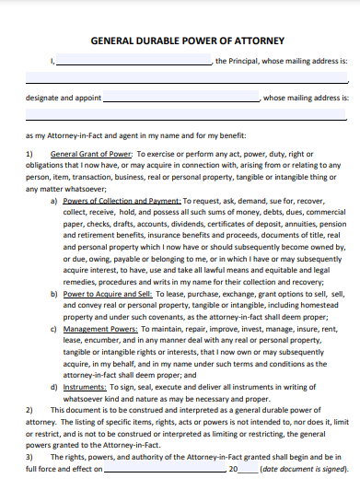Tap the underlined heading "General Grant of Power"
pyautogui.click(x=92, y=154)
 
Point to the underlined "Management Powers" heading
pyautogui.click(x=100, y=353)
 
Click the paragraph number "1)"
pyautogui.click(x=29, y=154)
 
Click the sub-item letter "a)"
pyautogui.click(x=54, y=200)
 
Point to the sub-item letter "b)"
pyautogui.click(x=54, y=318)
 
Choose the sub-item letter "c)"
pyautogui.click(x=54, y=353)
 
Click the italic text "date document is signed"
pyautogui.click(x=296, y=471)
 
